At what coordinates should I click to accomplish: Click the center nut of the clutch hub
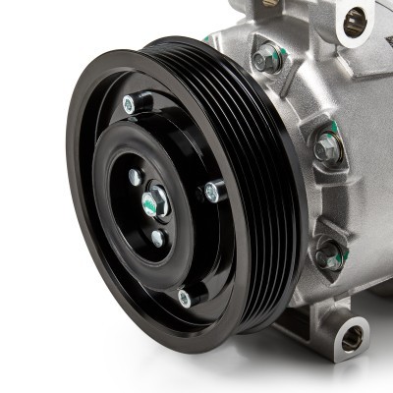coord(154,203)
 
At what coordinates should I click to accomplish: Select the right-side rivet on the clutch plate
coord(211,192)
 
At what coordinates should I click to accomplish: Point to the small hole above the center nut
coord(136,177)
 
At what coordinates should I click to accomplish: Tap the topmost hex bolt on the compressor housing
coord(266,60)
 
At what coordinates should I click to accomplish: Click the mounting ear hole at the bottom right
coord(351,339)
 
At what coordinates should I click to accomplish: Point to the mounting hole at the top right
coord(355,20)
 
